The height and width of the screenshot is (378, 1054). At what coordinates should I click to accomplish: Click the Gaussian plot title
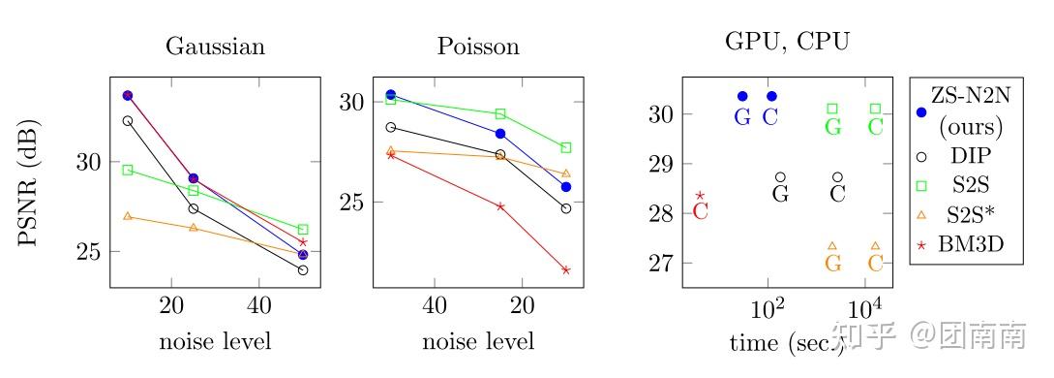tap(215, 47)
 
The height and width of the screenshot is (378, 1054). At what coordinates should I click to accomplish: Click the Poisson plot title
tap(478, 47)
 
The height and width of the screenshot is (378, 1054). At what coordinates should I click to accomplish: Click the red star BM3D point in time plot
tap(700, 196)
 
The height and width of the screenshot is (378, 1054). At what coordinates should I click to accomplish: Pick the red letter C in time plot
tap(701, 211)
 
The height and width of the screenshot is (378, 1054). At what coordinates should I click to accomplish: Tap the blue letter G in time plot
tap(742, 117)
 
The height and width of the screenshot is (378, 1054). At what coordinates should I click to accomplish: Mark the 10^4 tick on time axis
tap(864, 309)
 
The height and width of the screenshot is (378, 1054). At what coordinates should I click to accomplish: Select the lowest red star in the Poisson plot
tap(566, 269)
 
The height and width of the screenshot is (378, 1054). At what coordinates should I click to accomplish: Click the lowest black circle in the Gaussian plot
tap(303, 269)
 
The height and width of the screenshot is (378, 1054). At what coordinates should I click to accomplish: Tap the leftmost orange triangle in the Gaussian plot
tap(128, 216)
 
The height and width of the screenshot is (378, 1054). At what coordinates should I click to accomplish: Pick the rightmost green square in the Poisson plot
tap(566, 147)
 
